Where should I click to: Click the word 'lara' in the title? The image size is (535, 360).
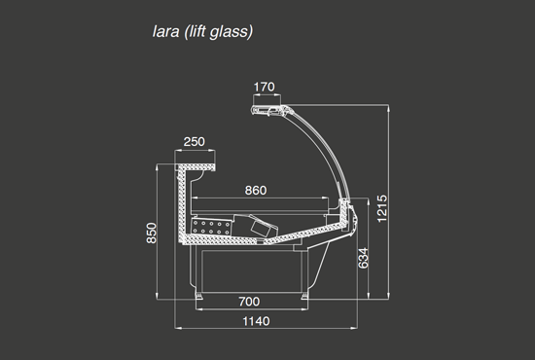click(160, 32)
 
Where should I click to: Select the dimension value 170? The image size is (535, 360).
click(265, 88)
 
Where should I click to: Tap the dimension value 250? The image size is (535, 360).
click(195, 142)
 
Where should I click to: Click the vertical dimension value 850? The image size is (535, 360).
click(152, 234)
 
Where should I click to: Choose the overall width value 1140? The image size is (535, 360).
click(255, 321)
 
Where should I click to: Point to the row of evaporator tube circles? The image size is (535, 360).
click(210, 226)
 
